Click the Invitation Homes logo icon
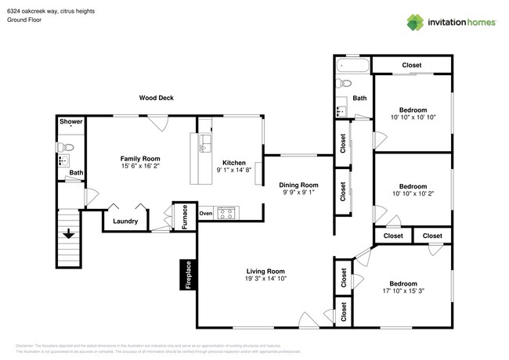[415, 22]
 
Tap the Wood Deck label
[156, 98]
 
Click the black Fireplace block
[188, 275]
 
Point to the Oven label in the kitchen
[206, 213]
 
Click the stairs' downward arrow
[69, 233]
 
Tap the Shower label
[70, 121]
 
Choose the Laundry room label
[125, 221]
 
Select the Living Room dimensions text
[265, 279]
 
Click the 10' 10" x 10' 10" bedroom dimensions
[413, 117]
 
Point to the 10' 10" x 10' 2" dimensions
[413, 193]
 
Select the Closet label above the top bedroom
[412, 65]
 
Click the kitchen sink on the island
[205, 143]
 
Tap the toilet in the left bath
[68, 146]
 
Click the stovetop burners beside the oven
[226, 212]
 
